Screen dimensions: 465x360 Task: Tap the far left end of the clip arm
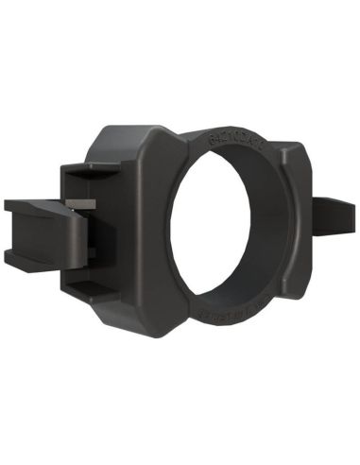(8, 231)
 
